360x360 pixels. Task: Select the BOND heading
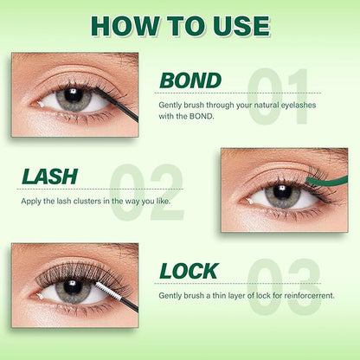(x=190, y=81)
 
